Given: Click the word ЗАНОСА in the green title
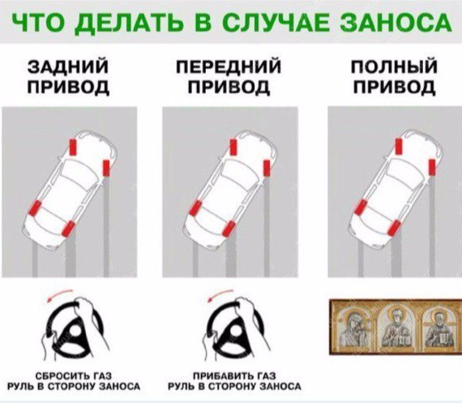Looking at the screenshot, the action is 396,22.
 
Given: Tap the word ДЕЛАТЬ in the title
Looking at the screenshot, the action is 131,23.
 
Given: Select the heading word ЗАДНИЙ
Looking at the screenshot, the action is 68,66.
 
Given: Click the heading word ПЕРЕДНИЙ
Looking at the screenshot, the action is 229,67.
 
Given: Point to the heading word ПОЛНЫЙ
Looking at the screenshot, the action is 394,66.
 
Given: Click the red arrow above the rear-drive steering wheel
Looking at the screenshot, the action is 59,295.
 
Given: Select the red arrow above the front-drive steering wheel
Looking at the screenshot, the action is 220,295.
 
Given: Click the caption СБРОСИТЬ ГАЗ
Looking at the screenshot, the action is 74,376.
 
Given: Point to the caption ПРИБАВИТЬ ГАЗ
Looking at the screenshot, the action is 234,376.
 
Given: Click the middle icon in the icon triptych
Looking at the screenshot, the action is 397,327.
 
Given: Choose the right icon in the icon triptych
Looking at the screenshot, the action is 438,328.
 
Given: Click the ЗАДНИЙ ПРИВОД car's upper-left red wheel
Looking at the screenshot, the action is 73,147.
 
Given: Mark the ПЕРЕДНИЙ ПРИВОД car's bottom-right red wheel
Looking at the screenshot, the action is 229,229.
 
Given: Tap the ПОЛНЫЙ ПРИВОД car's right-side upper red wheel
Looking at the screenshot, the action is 432,167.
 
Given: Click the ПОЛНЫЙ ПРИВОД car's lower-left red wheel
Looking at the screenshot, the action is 361,208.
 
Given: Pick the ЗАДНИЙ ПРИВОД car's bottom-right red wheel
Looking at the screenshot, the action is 68,229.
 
